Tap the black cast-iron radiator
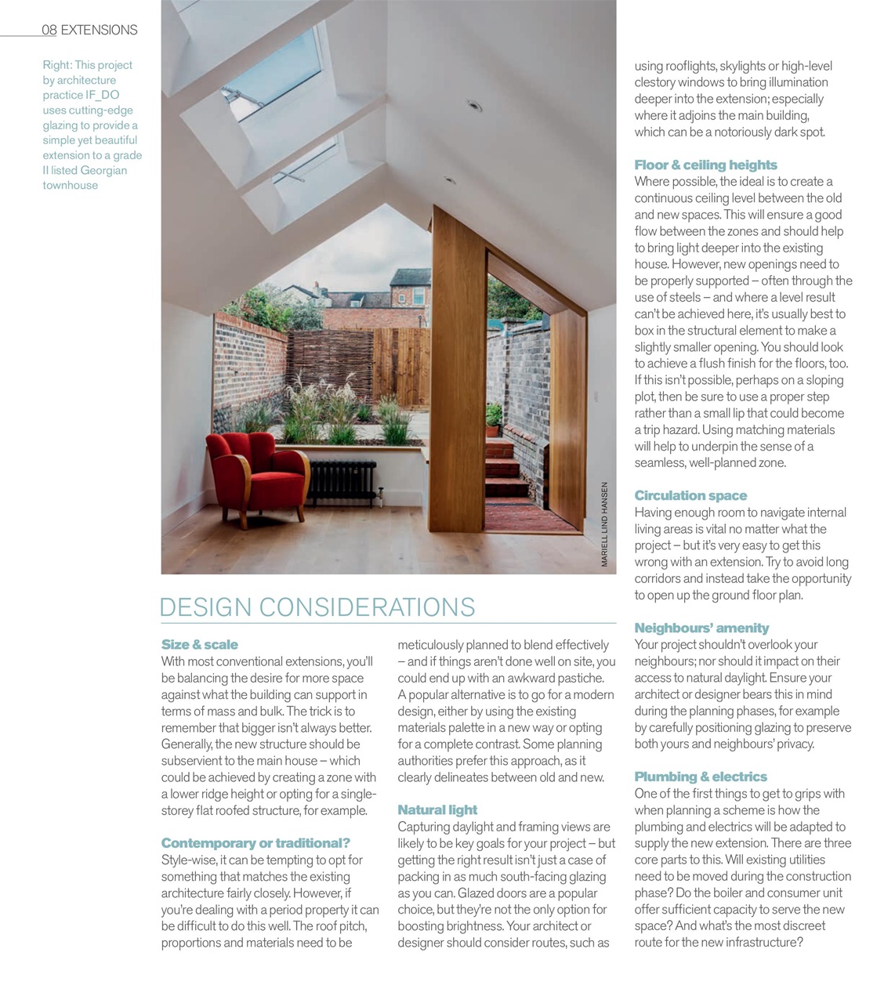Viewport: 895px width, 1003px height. (x=342, y=482)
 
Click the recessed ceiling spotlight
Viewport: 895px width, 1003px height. (x=473, y=104)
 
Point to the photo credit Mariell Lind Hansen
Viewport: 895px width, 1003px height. (x=605, y=524)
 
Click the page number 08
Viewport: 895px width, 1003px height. (x=49, y=30)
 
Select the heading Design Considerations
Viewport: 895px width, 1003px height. (x=317, y=607)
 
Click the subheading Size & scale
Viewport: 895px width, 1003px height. (x=199, y=645)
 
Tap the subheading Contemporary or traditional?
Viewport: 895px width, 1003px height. (x=255, y=843)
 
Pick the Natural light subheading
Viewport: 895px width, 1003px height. (x=437, y=810)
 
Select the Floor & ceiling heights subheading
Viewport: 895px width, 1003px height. (x=705, y=165)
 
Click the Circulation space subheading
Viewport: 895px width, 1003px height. (x=690, y=496)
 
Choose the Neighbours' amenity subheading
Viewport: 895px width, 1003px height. (x=701, y=628)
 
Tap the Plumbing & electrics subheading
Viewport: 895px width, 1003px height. (x=701, y=777)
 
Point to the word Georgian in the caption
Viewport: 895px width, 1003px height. (x=103, y=170)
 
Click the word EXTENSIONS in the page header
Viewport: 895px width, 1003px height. (x=99, y=30)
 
